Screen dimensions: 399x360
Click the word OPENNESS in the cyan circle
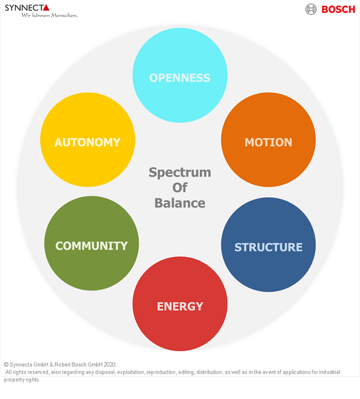(180, 78)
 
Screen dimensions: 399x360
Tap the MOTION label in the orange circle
(268, 142)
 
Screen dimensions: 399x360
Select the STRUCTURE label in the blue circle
(268, 247)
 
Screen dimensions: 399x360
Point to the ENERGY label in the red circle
(180, 307)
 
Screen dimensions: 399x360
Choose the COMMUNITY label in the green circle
(91, 246)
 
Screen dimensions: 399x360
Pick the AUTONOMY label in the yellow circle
(87, 142)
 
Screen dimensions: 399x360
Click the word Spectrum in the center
(180, 172)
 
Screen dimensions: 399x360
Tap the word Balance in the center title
(180, 203)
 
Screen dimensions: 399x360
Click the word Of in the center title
(180, 188)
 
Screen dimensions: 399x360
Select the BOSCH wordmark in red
(338, 9)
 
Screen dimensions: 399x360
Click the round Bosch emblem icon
(311, 9)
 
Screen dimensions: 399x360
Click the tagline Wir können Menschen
(49, 15)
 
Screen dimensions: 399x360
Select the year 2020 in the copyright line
(110, 365)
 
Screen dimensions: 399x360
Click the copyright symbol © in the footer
(6, 365)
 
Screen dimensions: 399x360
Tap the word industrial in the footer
(328, 372)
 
